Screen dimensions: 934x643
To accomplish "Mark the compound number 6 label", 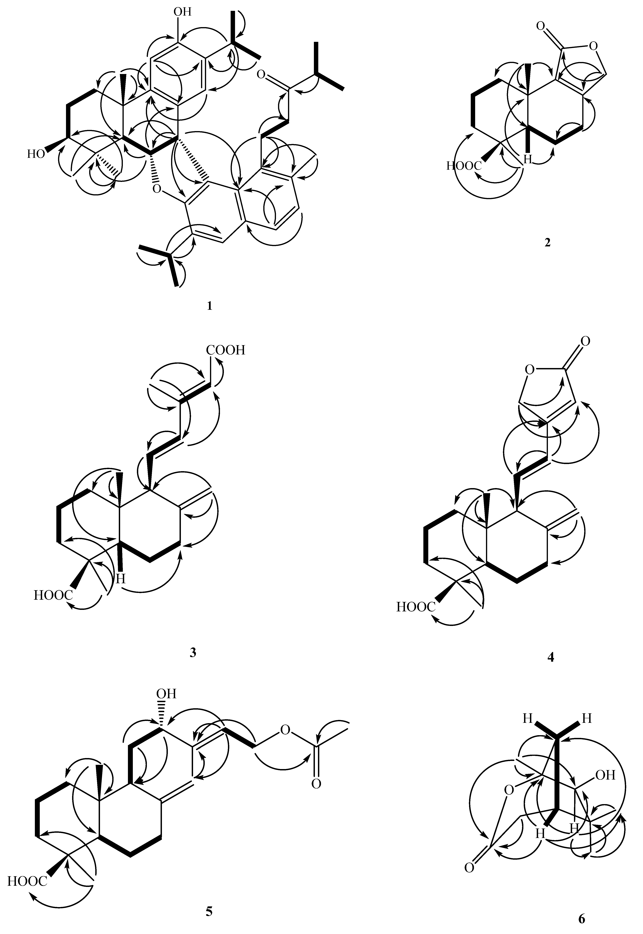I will pyautogui.click(x=581, y=916).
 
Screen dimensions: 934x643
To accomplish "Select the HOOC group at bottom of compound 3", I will pyautogui.click(x=53, y=595).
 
